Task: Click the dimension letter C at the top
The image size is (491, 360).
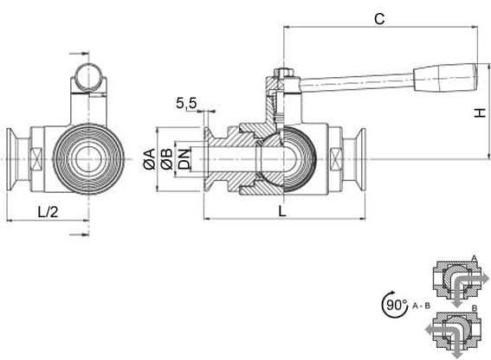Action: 379,19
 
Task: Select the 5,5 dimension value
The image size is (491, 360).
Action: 186,103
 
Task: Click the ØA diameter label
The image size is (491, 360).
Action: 150,159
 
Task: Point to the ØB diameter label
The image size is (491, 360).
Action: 166,159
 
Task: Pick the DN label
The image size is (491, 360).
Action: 184,159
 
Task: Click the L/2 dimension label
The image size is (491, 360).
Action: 48,212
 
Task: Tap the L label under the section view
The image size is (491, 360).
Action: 282,212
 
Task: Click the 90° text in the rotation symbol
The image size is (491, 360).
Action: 397,305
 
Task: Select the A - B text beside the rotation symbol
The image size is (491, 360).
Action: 421,305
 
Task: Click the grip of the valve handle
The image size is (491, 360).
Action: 445,77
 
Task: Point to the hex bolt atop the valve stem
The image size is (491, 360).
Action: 283,73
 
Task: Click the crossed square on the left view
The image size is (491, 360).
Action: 36,159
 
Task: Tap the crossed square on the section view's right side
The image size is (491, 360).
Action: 336,159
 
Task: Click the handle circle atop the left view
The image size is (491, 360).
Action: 89,77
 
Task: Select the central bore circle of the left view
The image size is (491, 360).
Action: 88,159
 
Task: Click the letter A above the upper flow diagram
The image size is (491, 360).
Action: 474,259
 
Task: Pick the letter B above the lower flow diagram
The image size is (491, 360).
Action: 475,308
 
